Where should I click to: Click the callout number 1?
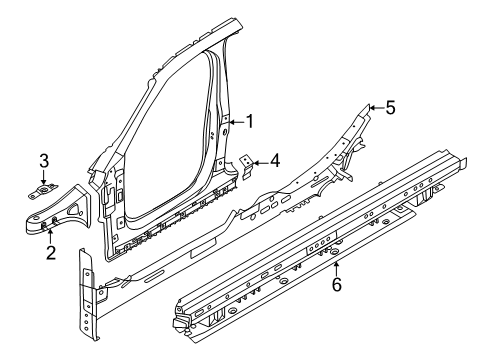coord(249,121)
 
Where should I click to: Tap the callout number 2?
coord(49,252)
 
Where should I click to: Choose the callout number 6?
coord(337,284)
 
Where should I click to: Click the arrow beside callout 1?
coord(231,121)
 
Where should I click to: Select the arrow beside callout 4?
coord(257,158)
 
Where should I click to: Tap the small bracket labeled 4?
coord(246,162)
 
